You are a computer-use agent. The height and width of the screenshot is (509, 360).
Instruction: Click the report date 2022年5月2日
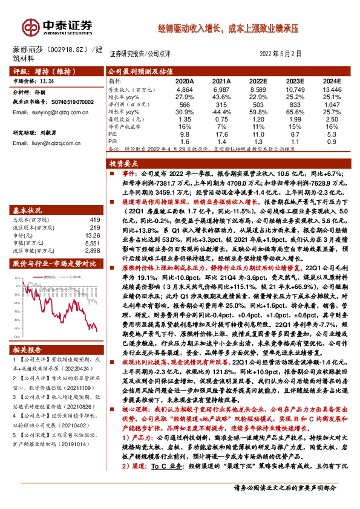(284, 53)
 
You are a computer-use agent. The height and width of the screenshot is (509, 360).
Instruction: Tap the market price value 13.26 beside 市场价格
(47, 80)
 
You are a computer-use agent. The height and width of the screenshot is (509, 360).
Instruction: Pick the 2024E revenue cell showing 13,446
(332, 88)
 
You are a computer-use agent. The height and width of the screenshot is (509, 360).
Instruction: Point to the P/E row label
(113, 135)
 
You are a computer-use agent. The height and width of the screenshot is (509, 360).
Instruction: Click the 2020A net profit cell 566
(184, 103)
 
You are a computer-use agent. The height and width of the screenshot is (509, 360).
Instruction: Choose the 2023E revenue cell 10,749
(295, 88)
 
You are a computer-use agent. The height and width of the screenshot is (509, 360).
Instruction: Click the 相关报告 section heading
(27, 350)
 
